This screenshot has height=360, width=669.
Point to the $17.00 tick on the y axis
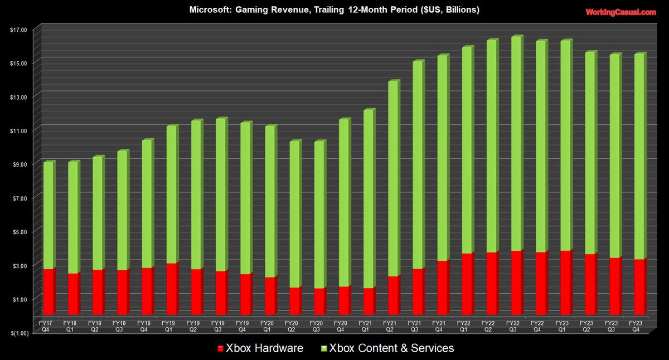(x=18, y=30)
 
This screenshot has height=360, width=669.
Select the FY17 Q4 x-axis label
(x=49, y=325)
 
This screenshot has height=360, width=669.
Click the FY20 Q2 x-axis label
(x=294, y=325)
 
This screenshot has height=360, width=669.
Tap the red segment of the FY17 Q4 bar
(x=49, y=291)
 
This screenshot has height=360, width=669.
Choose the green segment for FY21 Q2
(x=393, y=178)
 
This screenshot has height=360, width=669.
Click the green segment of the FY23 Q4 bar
(x=639, y=156)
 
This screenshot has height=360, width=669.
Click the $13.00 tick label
(x=18, y=97)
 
